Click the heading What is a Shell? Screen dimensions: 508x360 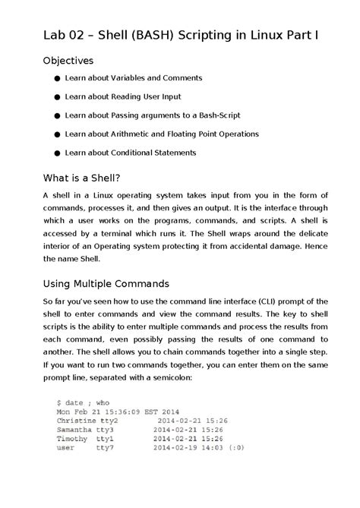(x=82, y=179)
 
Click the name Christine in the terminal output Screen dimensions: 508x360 (x=77, y=419)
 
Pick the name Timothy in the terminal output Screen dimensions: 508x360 (x=72, y=439)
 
